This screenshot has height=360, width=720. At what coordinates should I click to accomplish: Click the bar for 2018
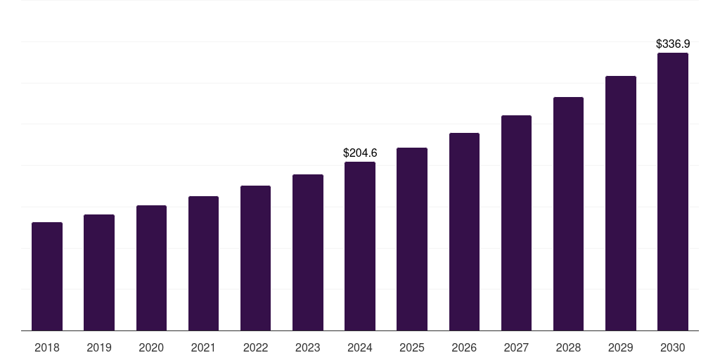[x=47, y=276]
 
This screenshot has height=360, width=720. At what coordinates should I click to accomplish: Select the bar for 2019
[x=99, y=273]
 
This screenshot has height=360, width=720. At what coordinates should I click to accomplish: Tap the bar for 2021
[x=203, y=264]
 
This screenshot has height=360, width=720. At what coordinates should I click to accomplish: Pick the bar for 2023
[x=308, y=252]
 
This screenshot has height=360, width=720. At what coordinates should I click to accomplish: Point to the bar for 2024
[x=360, y=246]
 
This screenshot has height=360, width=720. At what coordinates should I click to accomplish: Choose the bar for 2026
[x=464, y=232]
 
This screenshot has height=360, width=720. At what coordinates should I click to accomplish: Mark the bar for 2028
[x=568, y=214]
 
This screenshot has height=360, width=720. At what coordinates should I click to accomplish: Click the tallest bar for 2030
[x=673, y=192]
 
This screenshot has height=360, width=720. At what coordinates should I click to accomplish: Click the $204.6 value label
[x=360, y=153]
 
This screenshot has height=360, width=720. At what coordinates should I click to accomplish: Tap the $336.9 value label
[x=673, y=44]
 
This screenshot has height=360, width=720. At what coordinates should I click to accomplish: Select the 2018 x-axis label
[x=47, y=347]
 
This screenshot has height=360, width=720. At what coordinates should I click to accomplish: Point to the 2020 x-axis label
[x=151, y=347]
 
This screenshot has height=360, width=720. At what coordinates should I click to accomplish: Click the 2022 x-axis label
[x=256, y=347]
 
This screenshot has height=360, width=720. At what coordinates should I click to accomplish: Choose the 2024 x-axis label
[x=360, y=347]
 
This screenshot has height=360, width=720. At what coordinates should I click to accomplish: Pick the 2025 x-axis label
[x=412, y=347]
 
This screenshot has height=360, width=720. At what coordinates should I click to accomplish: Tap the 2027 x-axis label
[x=516, y=347]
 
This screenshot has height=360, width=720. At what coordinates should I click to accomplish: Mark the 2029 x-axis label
[x=620, y=347]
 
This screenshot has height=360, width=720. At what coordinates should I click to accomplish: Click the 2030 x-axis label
[x=673, y=347]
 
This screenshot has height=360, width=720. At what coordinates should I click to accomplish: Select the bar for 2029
[x=620, y=203]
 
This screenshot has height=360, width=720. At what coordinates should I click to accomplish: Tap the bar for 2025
[x=412, y=239]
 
